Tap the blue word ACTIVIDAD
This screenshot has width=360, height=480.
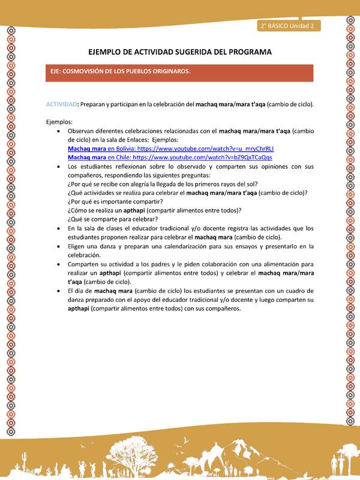point(61,104)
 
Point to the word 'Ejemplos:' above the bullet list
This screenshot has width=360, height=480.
point(59,121)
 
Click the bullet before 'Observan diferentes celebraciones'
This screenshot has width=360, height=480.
point(57,130)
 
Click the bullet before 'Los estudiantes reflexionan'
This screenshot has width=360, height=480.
point(57,166)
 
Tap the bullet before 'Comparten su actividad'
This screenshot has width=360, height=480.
point(57,264)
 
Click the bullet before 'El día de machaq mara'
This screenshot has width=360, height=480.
point(57,291)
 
